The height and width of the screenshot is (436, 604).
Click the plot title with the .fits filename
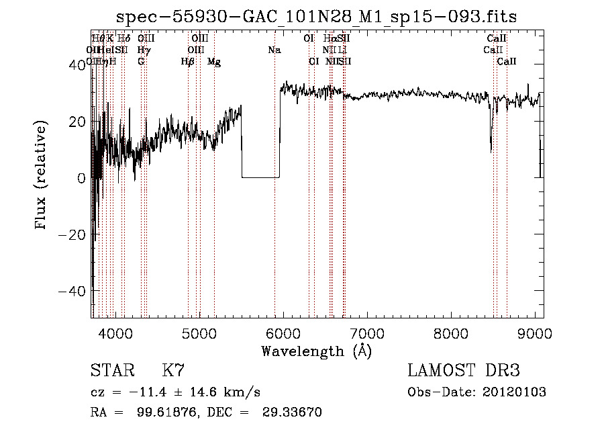(317, 17)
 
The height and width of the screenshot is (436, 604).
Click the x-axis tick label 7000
(367, 334)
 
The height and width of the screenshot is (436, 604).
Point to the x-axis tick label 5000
(199, 334)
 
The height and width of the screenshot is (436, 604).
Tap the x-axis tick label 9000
(535, 334)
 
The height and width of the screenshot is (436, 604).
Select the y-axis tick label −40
(73, 292)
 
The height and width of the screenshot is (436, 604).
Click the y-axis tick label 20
(78, 122)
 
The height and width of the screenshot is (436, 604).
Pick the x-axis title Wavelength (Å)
(316, 351)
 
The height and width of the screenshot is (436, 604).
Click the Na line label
(274, 50)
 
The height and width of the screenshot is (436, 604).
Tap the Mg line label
(214, 62)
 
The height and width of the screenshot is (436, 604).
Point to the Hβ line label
(187, 62)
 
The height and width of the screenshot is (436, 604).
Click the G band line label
(141, 62)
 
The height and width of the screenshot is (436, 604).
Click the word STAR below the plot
(111, 371)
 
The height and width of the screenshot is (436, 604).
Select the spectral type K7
(173, 371)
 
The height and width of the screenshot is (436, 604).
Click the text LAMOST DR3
(463, 371)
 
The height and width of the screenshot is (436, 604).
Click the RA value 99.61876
(172, 412)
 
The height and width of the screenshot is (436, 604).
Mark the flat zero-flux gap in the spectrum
(260, 177)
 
